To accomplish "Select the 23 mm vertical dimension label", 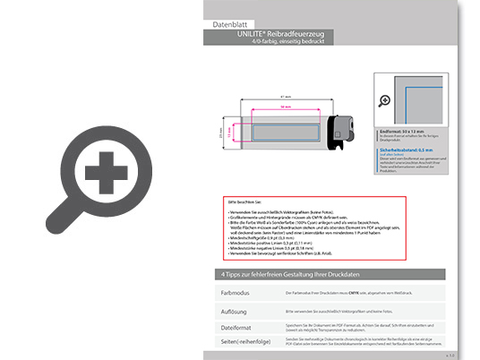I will click(221, 132).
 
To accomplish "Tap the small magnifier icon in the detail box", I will click(386, 99).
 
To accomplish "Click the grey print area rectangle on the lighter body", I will click(284, 132).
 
